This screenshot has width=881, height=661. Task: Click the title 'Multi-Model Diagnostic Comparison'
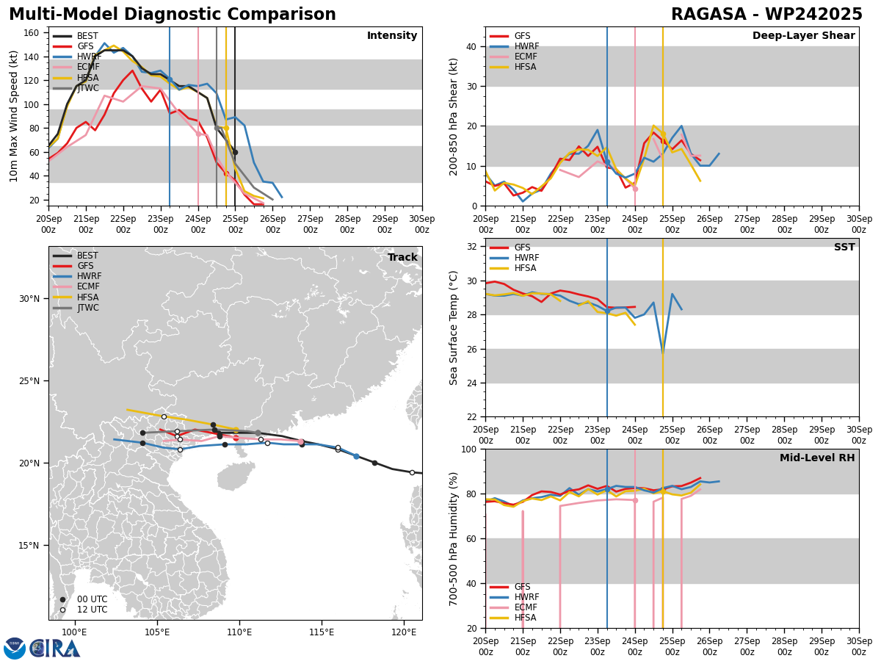173,15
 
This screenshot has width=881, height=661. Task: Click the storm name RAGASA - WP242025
766,15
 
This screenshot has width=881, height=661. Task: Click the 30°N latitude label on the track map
29,298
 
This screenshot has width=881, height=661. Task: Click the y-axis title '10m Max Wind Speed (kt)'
14,116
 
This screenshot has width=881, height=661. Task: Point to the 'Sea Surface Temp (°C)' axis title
454,328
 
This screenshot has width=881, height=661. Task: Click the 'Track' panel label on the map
402,257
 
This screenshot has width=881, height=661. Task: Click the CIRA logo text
55,649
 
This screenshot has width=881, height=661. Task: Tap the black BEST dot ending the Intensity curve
235,152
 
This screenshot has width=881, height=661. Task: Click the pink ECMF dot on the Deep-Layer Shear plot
635,189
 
